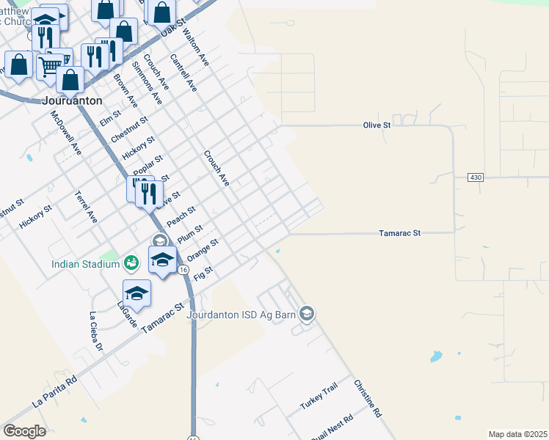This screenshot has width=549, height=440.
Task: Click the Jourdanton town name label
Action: coord(72,100)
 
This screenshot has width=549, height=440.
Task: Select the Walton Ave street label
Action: coord(196,48)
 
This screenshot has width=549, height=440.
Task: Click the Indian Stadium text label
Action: coord(85,264)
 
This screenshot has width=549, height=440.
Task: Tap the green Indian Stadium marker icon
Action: coord(131,262)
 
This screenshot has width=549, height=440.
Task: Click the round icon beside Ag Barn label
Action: coord(308,314)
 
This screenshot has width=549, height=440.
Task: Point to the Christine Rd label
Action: coord(368,398)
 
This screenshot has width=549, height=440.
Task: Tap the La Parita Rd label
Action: coord(54,393)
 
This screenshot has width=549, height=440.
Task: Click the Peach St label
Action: coord(181,216)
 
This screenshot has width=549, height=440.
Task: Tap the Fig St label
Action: coord(203,272)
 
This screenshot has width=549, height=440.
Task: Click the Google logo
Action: coord(25,430)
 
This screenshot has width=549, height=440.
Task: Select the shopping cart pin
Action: coord(50,67)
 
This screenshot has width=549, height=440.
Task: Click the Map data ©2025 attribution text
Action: coord(517,434)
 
